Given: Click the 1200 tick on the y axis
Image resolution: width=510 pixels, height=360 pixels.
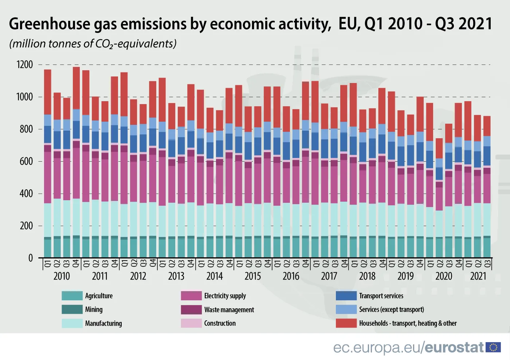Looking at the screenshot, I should coord(24,65).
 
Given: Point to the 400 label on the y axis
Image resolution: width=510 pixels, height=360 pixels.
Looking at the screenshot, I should coord(26,194).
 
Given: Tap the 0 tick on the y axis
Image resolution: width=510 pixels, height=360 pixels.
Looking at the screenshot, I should coord(31,258).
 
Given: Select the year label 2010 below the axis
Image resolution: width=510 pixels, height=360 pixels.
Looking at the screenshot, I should coord(62,276).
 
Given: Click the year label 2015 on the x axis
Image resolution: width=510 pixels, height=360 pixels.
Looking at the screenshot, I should coord(252,276).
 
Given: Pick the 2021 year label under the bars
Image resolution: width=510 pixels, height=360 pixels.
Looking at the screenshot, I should coord(478,276).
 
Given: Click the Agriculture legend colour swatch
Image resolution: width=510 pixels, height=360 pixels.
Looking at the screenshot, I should coord(72,296).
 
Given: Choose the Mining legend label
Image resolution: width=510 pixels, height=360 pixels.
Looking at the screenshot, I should coord(94,309).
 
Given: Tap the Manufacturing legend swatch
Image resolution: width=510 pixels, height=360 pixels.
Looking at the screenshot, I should coord(72,323).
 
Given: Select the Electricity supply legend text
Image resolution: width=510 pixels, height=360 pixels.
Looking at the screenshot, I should coord(225,296).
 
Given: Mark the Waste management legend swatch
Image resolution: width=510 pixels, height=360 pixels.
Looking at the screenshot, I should coord(191,309).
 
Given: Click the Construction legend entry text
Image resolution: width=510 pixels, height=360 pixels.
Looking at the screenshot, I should coord(220,323).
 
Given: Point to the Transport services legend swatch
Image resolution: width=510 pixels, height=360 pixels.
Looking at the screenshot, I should coord(346,296).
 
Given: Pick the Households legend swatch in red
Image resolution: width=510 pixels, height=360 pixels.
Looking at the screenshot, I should coord(346,323).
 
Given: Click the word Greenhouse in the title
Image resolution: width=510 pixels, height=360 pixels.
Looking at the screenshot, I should coord(50,24).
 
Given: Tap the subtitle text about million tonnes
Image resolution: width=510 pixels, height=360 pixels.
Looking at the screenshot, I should coord(93,44).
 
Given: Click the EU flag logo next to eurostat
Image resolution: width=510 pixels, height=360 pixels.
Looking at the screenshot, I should coord(493,347).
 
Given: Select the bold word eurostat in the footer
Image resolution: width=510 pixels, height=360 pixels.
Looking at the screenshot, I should coord(454,348).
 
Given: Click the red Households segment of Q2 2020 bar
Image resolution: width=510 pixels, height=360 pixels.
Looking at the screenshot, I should coord(439,148).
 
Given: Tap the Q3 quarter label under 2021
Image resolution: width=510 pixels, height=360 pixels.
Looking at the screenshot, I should coord(487,264).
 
